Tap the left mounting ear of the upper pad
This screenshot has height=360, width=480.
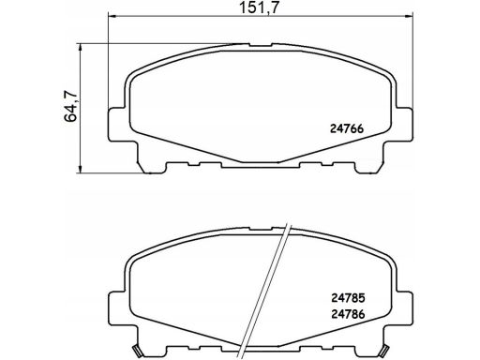(x=116, y=125)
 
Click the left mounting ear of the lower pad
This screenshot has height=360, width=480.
(x=116, y=297)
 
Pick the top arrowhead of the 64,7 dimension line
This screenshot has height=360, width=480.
(x=82, y=45)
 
